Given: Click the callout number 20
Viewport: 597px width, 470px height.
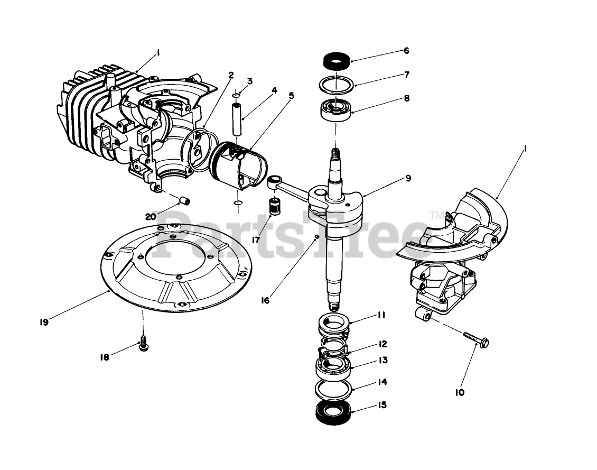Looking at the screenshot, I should (151, 216).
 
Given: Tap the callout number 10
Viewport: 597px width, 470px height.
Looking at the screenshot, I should (460, 393).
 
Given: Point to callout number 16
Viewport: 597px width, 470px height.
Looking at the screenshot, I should (265, 300).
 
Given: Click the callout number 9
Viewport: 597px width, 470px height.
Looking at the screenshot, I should (408, 178).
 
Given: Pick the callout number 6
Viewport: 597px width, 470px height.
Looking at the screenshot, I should (406, 51).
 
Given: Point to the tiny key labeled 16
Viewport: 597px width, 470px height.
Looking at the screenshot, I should (316, 237).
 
